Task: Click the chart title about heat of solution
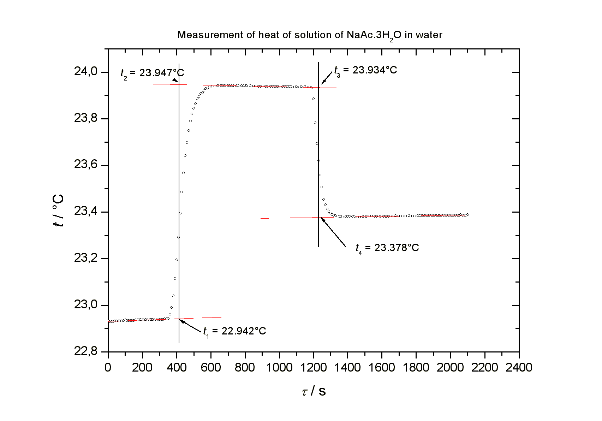coord(310,35)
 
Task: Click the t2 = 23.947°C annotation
coord(152,73)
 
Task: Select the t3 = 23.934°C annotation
coord(365,70)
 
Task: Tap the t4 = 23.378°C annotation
coord(387,248)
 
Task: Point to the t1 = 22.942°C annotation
coord(234,331)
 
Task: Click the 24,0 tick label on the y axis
coord(85,72)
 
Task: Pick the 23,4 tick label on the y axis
coord(85,212)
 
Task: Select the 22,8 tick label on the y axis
coord(85,351)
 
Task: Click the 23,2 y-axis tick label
coord(85,258)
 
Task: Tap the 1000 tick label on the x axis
coord(279,368)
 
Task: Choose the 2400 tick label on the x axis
coord(519,368)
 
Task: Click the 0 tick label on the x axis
coord(108,368)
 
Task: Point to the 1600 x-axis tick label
coord(382,368)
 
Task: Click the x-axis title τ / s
coord(314,391)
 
